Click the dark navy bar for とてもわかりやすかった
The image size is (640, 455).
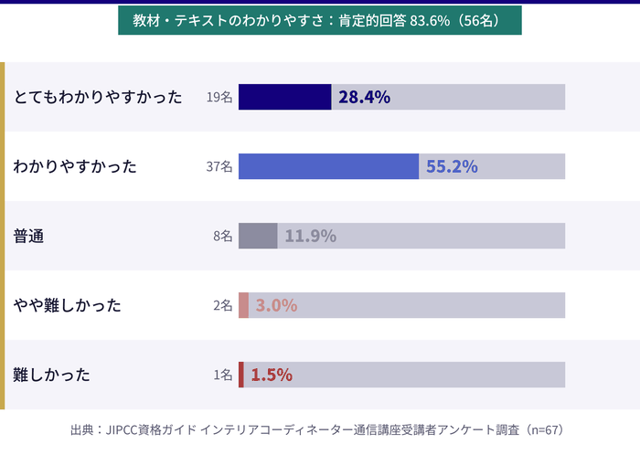(x=284, y=97)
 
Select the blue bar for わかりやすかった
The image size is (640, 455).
(x=328, y=166)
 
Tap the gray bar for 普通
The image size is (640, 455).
(x=258, y=236)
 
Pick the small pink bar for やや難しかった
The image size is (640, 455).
(x=244, y=305)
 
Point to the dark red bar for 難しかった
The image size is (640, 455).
(x=241, y=375)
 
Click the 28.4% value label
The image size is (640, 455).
(x=364, y=97)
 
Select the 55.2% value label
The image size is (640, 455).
(x=452, y=166)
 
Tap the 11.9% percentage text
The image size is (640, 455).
(x=310, y=236)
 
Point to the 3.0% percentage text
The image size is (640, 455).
(x=276, y=305)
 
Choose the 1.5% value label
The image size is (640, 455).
(x=271, y=375)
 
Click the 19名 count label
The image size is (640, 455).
(x=219, y=97)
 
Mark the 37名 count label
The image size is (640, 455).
(x=219, y=166)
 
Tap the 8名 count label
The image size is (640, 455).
(x=222, y=236)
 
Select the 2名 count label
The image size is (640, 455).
(x=222, y=305)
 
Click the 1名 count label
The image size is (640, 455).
(x=222, y=375)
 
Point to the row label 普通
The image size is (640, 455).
(x=29, y=236)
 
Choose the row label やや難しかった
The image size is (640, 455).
(x=67, y=305)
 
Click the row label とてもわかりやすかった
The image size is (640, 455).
(x=98, y=97)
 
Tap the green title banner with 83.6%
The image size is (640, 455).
(x=319, y=20)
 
